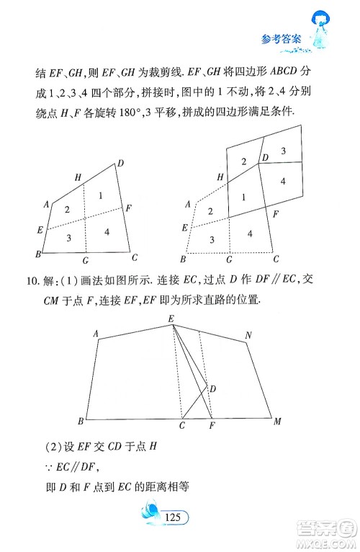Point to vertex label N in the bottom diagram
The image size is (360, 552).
tap(248, 335)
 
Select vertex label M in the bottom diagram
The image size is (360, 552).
tap(277, 421)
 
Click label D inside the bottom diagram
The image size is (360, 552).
tap(212, 389)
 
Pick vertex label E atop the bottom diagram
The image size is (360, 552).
tap(171, 319)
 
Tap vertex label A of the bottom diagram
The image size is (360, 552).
tap(96, 333)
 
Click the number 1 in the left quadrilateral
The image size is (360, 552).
tap(100, 195)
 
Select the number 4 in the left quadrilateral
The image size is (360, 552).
tap(106, 232)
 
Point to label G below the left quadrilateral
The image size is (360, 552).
tap(85, 259)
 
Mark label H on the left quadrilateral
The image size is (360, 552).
tap(78, 177)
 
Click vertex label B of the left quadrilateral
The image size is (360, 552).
tap(36, 254)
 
